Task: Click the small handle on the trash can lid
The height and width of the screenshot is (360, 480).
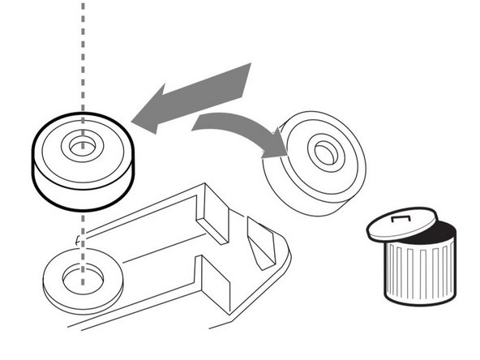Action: [x=399, y=217]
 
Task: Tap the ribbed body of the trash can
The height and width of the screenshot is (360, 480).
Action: [x=418, y=272]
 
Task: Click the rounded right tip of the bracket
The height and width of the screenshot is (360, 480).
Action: [x=284, y=255]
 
